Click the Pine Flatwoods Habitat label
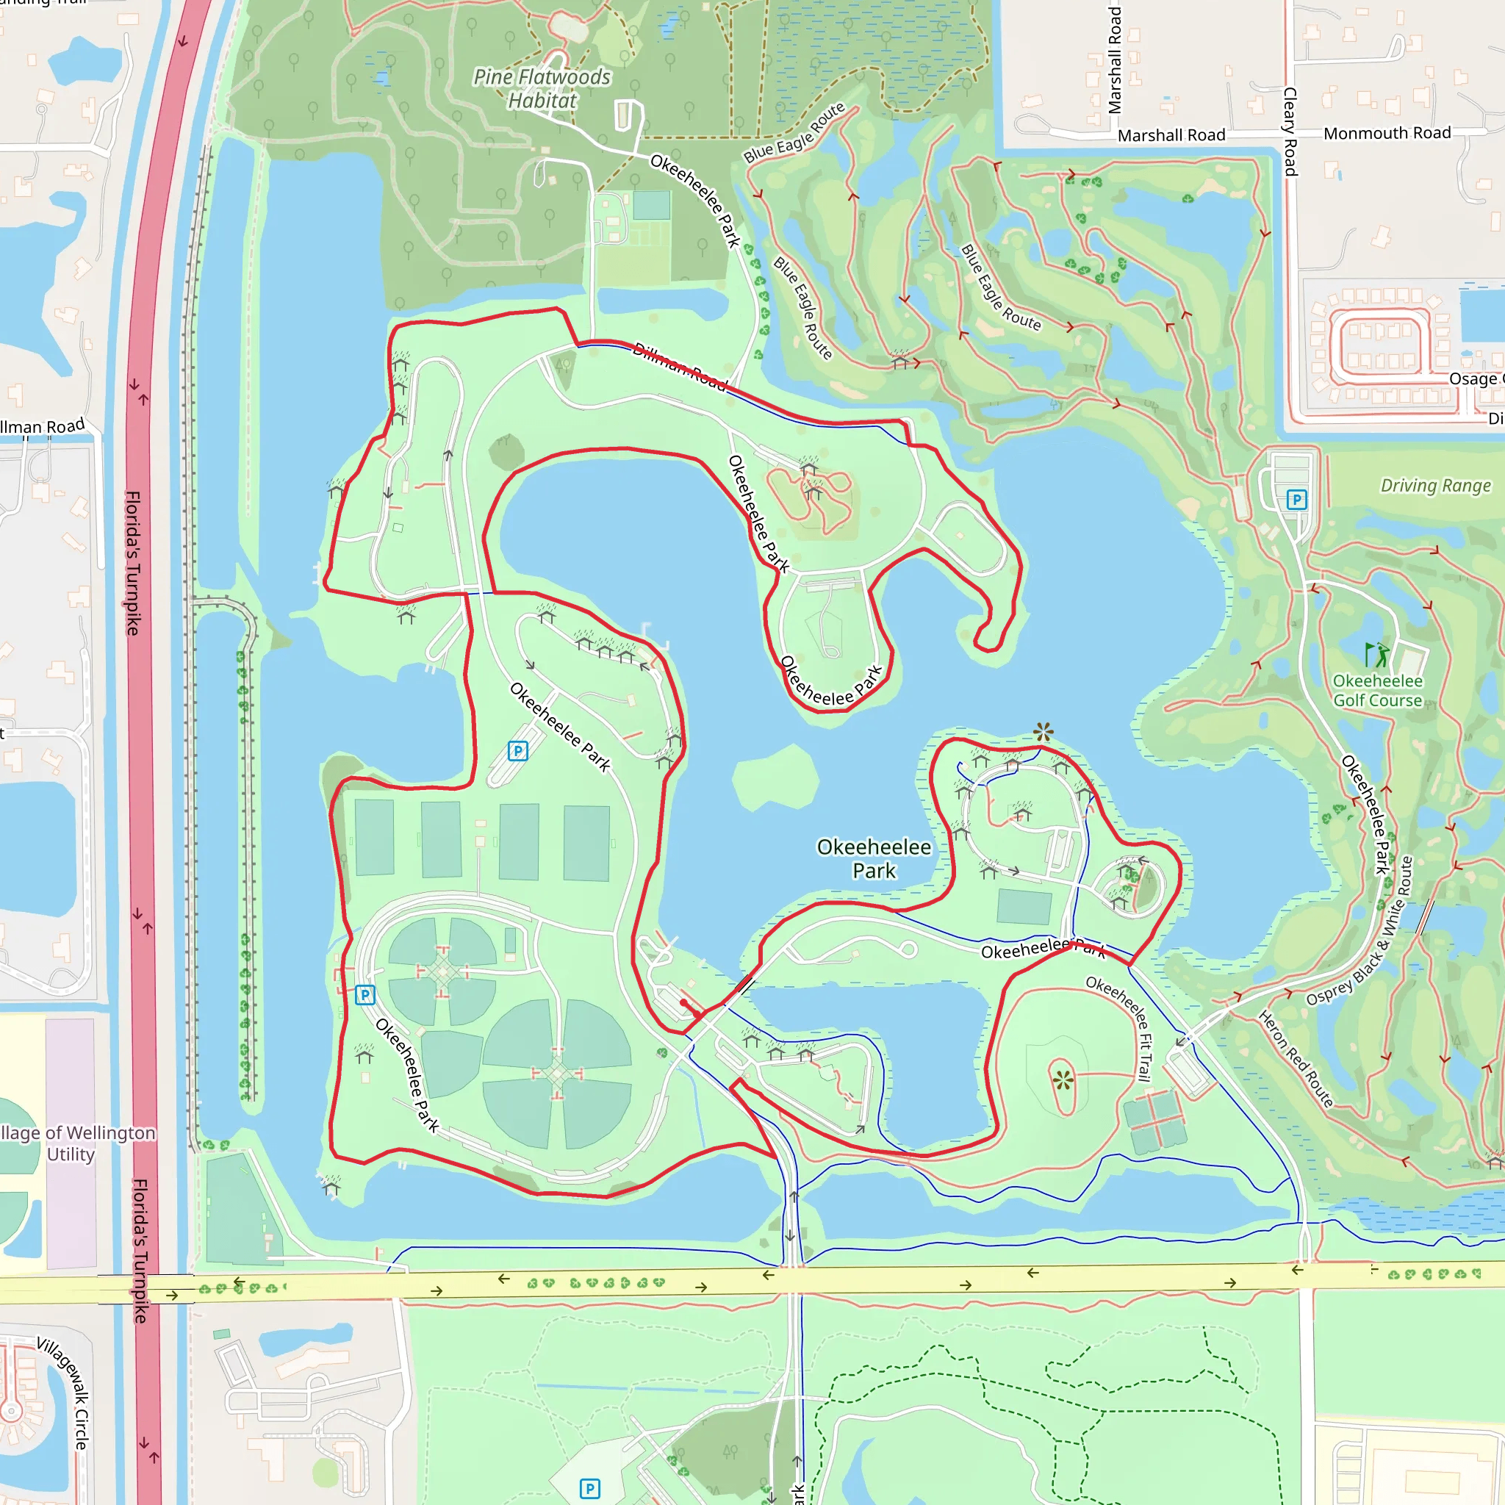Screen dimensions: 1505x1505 click(542, 88)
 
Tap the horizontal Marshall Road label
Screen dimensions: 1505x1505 click(1171, 135)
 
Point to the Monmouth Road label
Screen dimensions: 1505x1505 click(1387, 133)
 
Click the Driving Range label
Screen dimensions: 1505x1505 click(1435, 486)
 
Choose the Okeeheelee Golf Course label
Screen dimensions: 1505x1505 click(1377, 691)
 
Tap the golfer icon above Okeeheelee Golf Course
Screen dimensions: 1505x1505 click(1376, 653)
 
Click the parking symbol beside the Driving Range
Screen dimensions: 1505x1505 click(1296, 499)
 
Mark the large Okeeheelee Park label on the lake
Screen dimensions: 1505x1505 click(874, 858)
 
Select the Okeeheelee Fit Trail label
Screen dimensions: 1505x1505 click(1118, 1028)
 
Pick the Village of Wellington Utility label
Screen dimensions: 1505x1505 click(74, 1143)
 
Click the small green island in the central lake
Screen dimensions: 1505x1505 click(775, 777)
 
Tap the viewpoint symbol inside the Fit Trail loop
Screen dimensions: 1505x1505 click(1063, 1080)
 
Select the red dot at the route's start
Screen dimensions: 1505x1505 click(683, 1002)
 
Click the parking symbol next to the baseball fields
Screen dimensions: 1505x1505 click(364, 995)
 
